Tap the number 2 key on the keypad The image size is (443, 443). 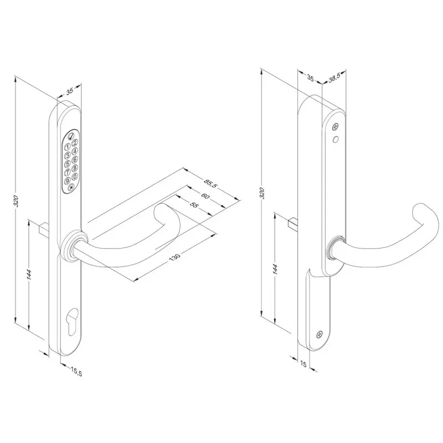point(75,142)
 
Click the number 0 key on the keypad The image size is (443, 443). point(75,177)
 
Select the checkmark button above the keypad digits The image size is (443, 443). point(71,136)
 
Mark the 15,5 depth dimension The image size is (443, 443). point(76,371)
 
